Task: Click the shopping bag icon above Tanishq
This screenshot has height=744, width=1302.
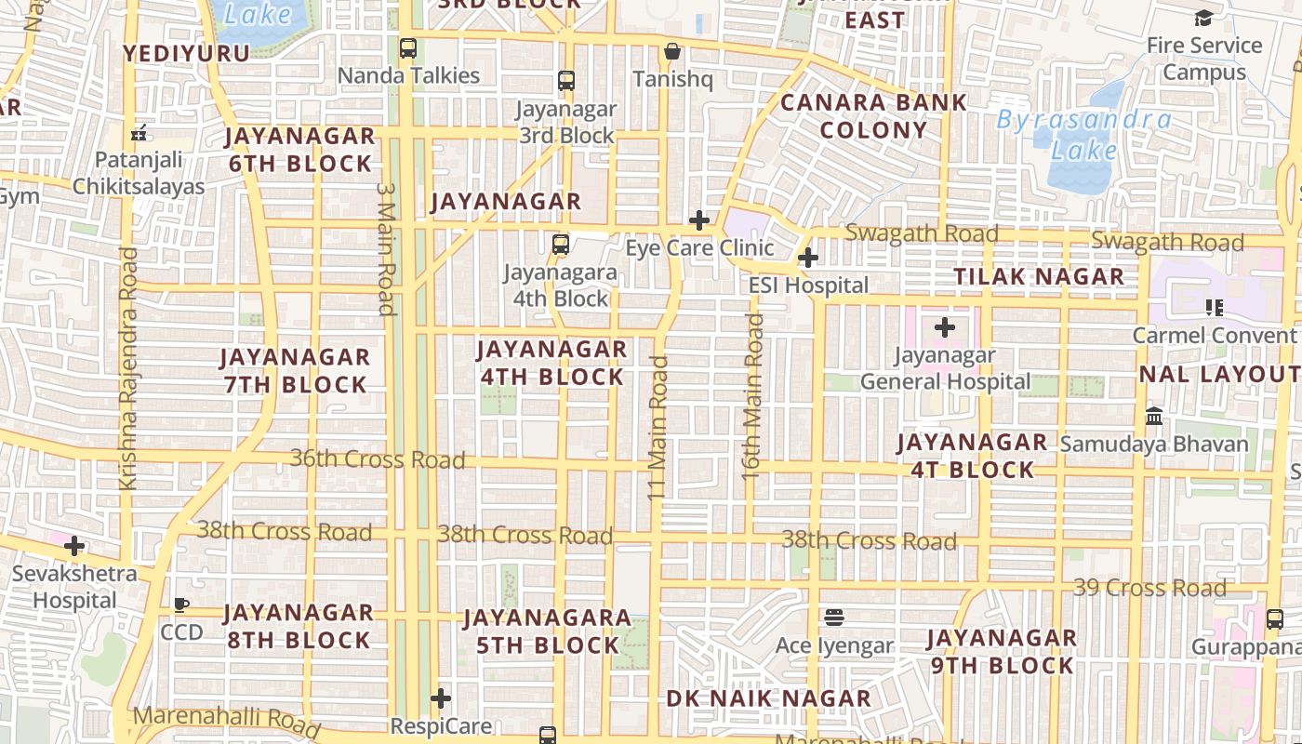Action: click(671, 51)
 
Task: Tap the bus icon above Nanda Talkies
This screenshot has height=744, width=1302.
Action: click(407, 48)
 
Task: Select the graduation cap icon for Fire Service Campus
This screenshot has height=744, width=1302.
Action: click(1203, 18)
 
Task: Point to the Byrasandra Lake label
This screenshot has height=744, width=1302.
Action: click(1083, 134)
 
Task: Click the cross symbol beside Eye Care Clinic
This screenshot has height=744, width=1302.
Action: click(699, 220)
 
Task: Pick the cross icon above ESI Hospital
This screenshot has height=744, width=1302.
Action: click(808, 258)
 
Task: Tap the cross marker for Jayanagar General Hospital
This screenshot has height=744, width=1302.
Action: click(945, 327)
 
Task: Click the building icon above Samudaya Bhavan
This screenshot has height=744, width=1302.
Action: click(1154, 416)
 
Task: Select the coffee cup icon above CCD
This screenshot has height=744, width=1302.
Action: click(181, 604)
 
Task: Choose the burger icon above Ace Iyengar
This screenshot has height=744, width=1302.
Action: click(834, 617)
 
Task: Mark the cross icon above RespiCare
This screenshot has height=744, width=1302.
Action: click(441, 697)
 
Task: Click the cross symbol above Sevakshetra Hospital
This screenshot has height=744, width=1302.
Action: click(74, 546)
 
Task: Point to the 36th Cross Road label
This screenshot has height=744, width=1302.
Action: click(378, 458)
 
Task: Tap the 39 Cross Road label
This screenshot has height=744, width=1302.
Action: click(1149, 588)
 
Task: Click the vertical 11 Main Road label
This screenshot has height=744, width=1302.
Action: click(659, 428)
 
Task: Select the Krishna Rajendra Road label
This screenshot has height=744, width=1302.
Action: click(128, 368)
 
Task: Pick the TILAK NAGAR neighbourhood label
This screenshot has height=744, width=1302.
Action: click(1039, 276)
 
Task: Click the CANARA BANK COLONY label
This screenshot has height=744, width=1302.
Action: click(872, 116)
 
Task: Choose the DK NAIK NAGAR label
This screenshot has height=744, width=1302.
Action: click(768, 698)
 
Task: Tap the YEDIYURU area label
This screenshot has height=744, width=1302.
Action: click(187, 53)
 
